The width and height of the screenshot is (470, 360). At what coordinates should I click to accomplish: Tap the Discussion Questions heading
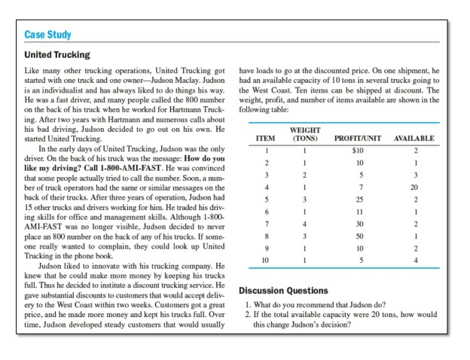tap(285, 291)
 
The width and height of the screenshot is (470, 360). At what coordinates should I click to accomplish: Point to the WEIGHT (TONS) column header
tap(306, 135)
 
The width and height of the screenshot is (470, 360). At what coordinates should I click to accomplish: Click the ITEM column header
tap(265, 139)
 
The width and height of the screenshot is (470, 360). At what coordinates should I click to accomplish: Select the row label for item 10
tap(265, 260)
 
